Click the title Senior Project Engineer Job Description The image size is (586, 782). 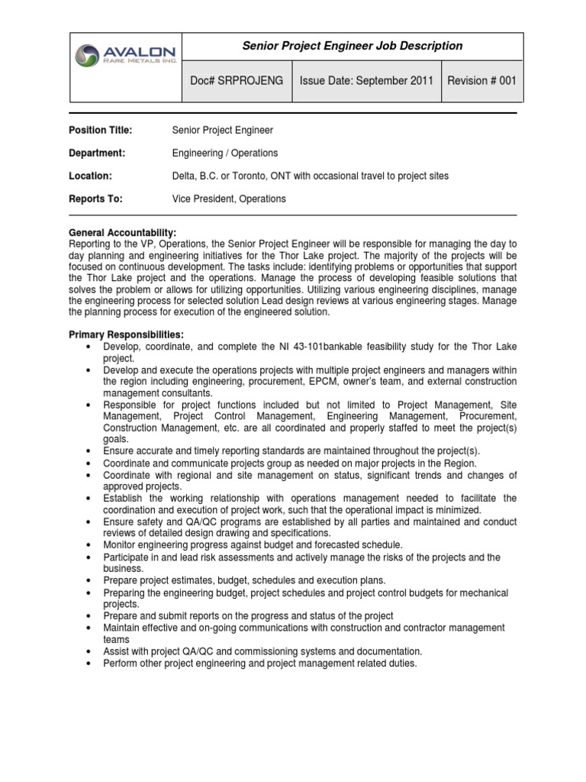click(353, 46)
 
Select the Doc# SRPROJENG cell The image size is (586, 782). click(237, 80)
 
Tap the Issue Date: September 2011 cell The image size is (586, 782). click(367, 80)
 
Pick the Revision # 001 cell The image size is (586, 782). click(482, 80)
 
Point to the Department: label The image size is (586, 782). click(97, 153)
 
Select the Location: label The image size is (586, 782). click(91, 176)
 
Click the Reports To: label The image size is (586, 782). click(96, 199)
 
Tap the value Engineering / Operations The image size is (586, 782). click(225, 153)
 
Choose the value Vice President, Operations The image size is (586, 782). click(230, 199)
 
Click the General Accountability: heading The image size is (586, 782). click(123, 232)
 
